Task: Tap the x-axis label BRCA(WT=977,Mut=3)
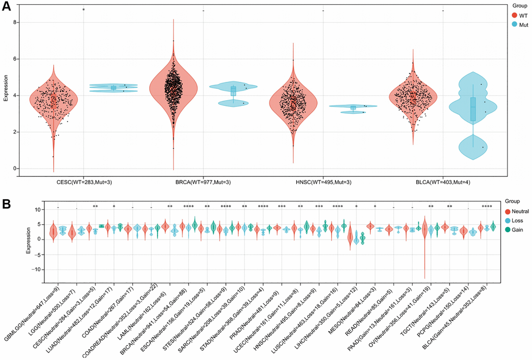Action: coord(203,182)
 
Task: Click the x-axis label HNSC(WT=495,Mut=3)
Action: coord(323,182)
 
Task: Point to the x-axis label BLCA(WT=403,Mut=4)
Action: coord(443,182)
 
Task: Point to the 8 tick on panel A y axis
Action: coord(16,22)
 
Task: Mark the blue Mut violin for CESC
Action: coord(113,88)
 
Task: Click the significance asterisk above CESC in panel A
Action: coord(83,10)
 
